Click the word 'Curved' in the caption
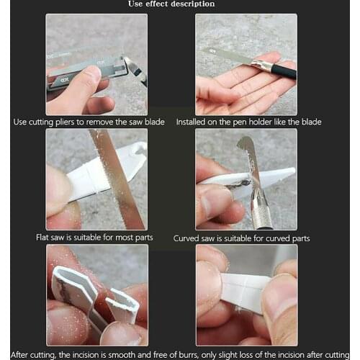coord(189,238)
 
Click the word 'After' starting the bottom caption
coord(22,354)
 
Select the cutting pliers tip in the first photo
coord(134,70)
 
